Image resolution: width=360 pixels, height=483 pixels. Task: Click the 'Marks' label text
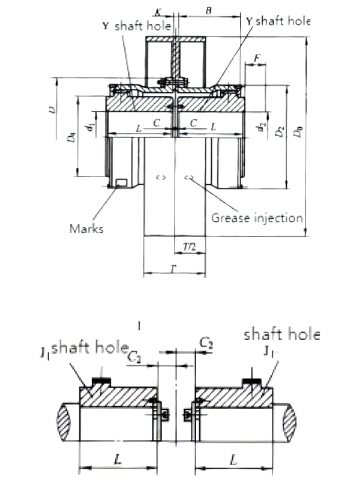[86, 228]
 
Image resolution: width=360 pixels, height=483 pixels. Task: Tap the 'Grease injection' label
[257, 217]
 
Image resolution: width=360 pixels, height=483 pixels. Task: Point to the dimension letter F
[257, 58]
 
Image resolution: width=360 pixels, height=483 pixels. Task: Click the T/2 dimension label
[189, 247]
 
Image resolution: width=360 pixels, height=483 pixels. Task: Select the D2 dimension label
[278, 132]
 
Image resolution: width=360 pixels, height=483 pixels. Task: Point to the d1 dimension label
[88, 128]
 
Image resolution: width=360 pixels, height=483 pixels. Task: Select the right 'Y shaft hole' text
[278, 21]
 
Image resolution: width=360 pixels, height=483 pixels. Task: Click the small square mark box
[122, 183]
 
